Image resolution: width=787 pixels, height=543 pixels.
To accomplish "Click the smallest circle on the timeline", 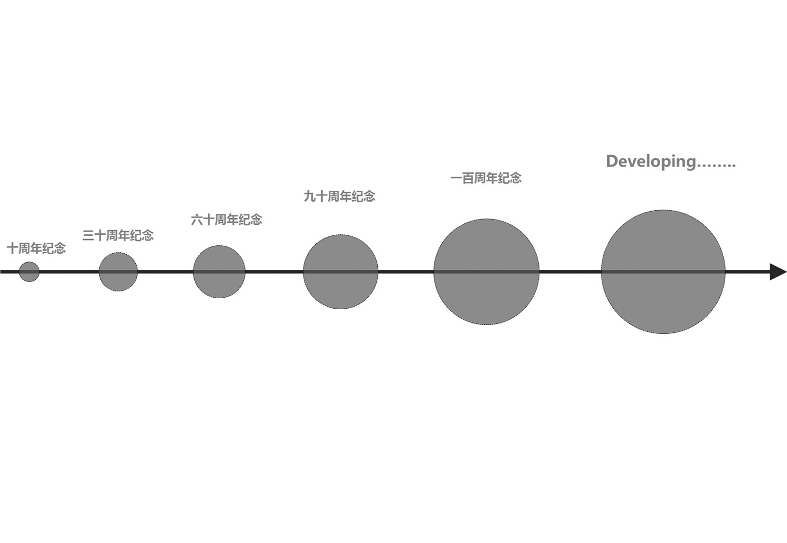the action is pyautogui.click(x=29, y=271).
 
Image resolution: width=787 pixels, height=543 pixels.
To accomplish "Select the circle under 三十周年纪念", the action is pyautogui.click(x=119, y=271).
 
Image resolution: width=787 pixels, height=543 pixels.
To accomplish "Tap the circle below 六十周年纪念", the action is pyautogui.click(x=219, y=271).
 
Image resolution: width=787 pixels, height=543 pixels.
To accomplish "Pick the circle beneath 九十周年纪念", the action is pyautogui.click(x=341, y=271).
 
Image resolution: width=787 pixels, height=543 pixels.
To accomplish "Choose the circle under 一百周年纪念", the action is pyautogui.click(x=486, y=271).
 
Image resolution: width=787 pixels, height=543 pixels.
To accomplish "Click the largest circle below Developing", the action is pyautogui.click(x=663, y=271).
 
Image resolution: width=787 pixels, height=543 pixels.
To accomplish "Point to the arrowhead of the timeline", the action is pyautogui.click(x=779, y=271).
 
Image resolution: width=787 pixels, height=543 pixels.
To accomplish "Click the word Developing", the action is pyautogui.click(x=651, y=162).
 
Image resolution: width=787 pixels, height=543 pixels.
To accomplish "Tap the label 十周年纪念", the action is pyautogui.click(x=36, y=248).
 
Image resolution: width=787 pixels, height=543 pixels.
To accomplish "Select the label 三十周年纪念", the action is pyautogui.click(x=118, y=235).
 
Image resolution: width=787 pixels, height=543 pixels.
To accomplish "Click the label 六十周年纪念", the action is pyautogui.click(x=227, y=220).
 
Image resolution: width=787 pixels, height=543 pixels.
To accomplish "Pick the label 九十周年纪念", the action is pyautogui.click(x=340, y=196).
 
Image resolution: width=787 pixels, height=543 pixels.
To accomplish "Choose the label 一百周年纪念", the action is pyautogui.click(x=486, y=178).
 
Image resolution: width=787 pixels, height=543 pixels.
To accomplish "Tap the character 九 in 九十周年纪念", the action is pyautogui.click(x=310, y=196).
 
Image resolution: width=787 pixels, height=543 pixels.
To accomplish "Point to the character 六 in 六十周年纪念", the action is pyautogui.click(x=197, y=220).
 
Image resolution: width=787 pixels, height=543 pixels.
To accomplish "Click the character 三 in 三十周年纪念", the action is pyautogui.click(x=88, y=235).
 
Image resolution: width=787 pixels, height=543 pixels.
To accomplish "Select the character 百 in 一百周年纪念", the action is pyautogui.click(x=468, y=178).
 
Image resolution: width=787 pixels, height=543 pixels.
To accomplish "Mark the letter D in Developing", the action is pyautogui.click(x=613, y=161).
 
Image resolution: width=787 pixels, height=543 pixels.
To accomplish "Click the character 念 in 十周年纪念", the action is pyautogui.click(x=60, y=248).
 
